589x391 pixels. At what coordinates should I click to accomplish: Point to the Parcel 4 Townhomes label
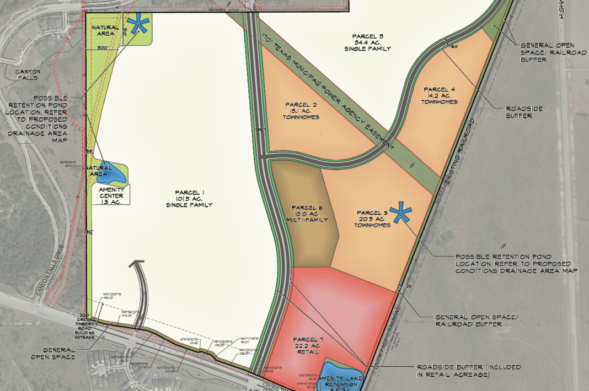[440, 95]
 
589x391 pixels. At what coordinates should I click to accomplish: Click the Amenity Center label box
[112, 195]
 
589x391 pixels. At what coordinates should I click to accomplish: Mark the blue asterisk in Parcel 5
[401, 213]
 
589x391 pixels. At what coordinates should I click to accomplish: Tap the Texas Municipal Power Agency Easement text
[328, 93]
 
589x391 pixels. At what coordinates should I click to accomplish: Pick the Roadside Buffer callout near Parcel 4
[524, 112]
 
